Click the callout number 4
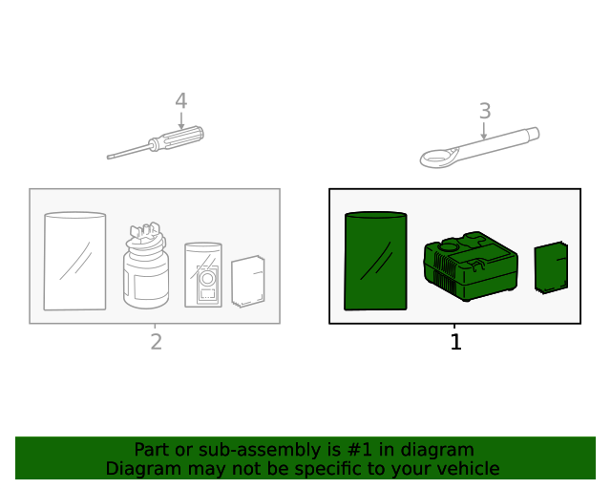[x=180, y=101]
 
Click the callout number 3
[x=485, y=111]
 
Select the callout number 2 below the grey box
[x=157, y=342]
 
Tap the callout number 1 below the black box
[x=456, y=342]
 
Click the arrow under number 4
[x=181, y=121]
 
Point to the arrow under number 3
[x=484, y=131]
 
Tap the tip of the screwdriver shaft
[x=108, y=158]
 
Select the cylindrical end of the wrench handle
[x=533, y=134]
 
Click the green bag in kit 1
[x=375, y=261]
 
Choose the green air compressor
[x=471, y=266]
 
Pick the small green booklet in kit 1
[x=551, y=267]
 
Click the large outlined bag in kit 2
[x=74, y=261]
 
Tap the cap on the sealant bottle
[x=146, y=235]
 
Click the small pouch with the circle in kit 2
[x=203, y=275]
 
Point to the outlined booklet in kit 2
[x=248, y=281]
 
